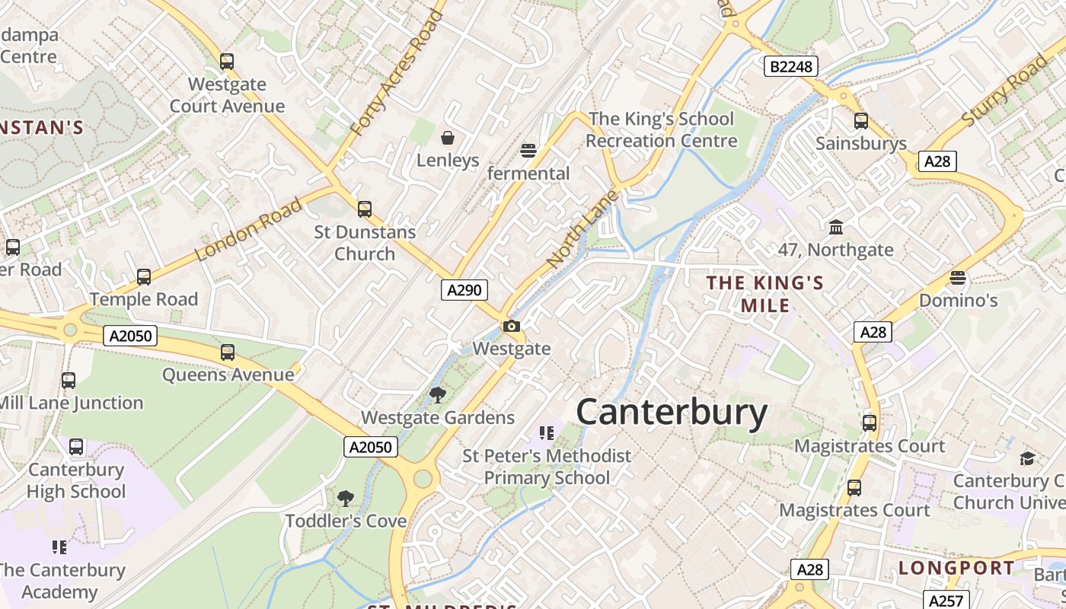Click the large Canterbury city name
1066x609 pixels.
(x=672, y=413)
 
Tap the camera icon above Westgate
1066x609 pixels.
(x=512, y=327)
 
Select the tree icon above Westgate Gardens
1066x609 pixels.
(x=437, y=394)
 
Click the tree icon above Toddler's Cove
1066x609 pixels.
(x=346, y=499)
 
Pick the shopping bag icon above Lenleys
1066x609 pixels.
(x=448, y=138)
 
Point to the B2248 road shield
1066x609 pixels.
(x=790, y=67)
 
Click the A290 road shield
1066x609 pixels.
(x=464, y=290)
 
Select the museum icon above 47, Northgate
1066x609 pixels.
(x=836, y=227)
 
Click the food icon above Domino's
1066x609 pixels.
(x=958, y=278)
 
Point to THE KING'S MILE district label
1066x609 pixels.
(x=765, y=294)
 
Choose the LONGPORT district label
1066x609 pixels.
(x=956, y=568)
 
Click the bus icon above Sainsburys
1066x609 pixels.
(x=861, y=120)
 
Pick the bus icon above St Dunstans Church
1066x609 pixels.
(x=365, y=209)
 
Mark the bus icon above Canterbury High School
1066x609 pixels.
(x=76, y=447)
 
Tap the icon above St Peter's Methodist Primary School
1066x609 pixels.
(x=546, y=433)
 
